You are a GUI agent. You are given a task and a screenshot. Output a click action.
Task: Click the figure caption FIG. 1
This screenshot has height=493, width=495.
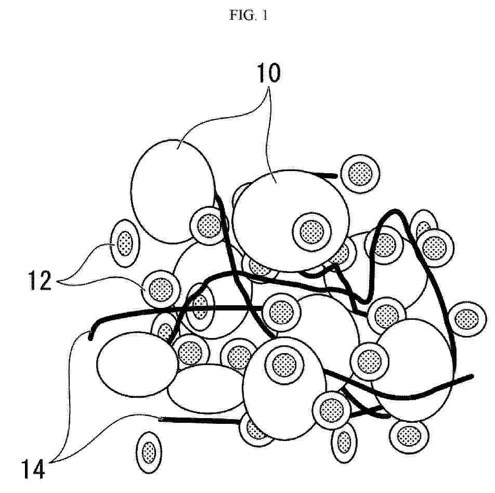[x=249, y=15]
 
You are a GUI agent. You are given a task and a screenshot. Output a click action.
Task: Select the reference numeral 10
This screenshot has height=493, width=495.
[x=268, y=73]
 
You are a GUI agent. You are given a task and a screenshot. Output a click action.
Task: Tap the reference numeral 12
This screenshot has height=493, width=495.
[x=40, y=280]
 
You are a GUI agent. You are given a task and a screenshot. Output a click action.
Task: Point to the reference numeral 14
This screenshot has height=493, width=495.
[x=33, y=469]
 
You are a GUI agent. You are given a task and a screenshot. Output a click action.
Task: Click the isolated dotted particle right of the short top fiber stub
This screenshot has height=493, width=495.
[x=360, y=174]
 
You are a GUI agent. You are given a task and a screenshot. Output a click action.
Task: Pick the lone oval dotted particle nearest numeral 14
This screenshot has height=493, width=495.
[x=149, y=452]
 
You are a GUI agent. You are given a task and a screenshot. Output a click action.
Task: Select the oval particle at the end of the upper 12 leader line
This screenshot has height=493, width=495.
[x=125, y=243]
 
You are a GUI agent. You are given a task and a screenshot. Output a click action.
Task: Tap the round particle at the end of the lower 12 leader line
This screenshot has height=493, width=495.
[x=161, y=289]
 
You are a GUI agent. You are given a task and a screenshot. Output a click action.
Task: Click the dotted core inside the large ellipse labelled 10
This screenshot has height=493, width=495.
[x=311, y=232]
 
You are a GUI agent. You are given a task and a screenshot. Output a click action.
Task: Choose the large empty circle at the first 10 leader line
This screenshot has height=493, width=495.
[x=173, y=191]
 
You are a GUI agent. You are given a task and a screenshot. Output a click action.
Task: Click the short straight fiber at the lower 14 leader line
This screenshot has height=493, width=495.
[x=200, y=420]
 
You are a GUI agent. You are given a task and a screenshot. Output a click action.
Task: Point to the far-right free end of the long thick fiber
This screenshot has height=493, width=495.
[x=472, y=376]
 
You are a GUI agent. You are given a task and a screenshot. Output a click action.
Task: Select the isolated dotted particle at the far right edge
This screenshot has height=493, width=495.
[x=467, y=319]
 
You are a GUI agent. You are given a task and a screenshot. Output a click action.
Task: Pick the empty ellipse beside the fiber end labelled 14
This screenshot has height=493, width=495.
[x=137, y=364]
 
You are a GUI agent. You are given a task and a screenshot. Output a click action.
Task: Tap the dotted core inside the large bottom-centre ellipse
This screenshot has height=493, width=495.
[x=284, y=365]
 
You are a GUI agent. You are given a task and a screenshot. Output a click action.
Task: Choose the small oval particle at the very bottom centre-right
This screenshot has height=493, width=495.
[x=344, y=442]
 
